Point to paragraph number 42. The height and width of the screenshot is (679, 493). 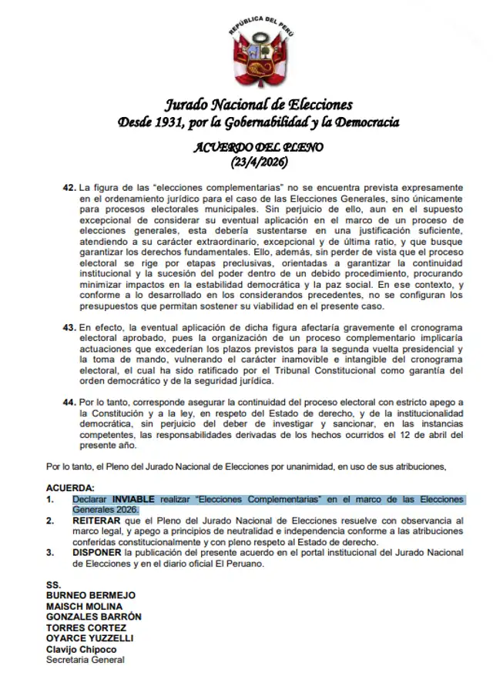pyautogui.click(x=69, y=188)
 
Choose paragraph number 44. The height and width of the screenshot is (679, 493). pyautogui.click(x=69, y=403)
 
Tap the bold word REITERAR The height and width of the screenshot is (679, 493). pyautogui.click(x=98, y=520)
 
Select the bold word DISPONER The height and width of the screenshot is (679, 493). pyautogui.click(x=99, y=552)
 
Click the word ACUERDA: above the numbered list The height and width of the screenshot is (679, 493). pyautogui.click(x=71, y=488)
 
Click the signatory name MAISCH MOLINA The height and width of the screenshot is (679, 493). pyautogui.click(x=85, y=606)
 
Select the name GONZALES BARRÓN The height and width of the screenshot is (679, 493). pyautogui.click(x=93, y=617)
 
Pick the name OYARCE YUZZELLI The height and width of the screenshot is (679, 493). pyautogui.click(x=90, y=638)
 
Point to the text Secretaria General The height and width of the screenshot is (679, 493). pyautogui.click(x=85, y=660)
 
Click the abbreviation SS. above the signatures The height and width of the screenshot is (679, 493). pyautogui.click(x=53, y=584)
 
